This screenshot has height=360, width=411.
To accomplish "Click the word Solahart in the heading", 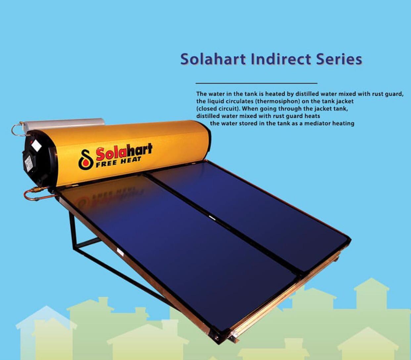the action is click(x=213, y=59).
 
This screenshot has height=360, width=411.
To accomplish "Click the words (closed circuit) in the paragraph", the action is click(x=217, y=109).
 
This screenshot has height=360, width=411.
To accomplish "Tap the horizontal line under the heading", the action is click(x=256, y=83).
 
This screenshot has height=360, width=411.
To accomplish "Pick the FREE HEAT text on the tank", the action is click(x=118, y=162).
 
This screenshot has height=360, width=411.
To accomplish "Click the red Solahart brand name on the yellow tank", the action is click(x=124, y=152).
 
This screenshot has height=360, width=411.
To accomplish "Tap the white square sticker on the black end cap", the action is click(x=36, y=145).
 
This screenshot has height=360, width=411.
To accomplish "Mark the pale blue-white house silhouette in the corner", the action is click(x=46, y=333).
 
